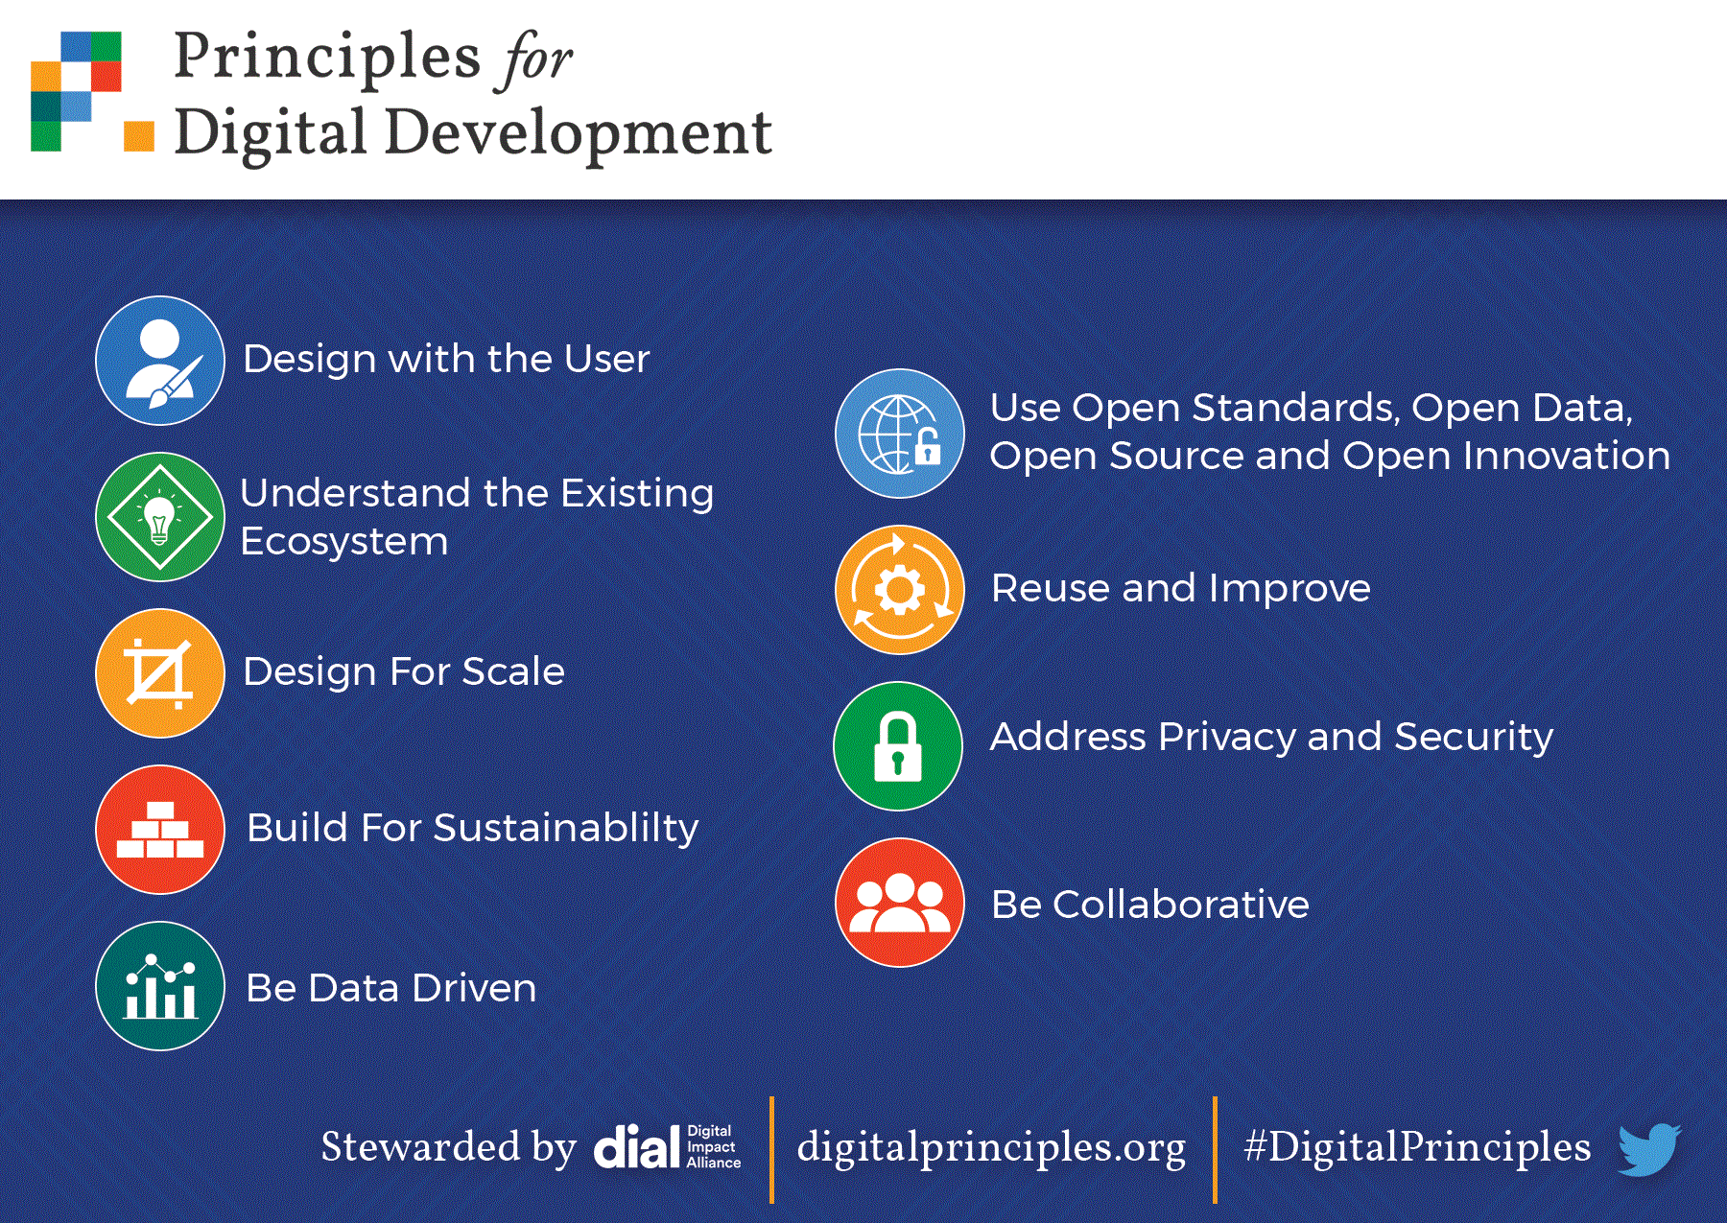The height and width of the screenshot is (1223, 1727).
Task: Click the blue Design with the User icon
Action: (160, 361)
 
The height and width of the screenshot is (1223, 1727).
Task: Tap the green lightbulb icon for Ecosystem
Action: (160, 517)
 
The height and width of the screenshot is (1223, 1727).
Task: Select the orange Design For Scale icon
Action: (160, 673)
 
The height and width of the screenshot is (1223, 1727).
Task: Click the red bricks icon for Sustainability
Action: (160, 830)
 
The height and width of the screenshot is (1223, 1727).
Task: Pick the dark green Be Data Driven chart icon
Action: (160, 986)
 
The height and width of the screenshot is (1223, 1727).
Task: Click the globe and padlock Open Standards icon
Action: (900, 434)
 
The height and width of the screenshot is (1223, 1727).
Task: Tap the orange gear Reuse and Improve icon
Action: (900, 590)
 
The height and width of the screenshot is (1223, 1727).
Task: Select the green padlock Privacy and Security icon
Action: (898, 746)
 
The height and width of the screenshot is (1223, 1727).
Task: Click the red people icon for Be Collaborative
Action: (900, 903)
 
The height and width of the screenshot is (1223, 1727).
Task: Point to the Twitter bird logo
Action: (1648, 1148)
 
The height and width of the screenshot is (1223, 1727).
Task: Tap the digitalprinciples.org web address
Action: (991, 1148)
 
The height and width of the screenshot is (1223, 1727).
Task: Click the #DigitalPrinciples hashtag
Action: (1417, 1147)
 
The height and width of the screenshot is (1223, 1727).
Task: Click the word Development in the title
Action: (578, 134)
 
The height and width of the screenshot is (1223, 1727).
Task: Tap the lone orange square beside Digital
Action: (139, 136)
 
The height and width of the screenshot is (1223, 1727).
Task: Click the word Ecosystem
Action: (343, 542)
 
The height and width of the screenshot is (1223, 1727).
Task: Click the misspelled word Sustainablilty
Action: (566, 829)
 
